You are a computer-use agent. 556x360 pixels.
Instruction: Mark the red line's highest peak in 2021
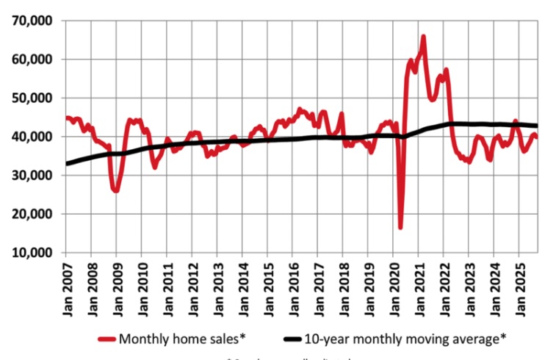tap(424, 37)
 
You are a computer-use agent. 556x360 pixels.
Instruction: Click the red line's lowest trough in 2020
tap(400, 227)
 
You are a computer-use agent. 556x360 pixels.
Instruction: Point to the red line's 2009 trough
tap(115, 190)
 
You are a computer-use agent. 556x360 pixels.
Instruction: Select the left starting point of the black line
tap(66, 164)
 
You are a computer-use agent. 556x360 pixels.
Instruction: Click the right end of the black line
tap(537, 126)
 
